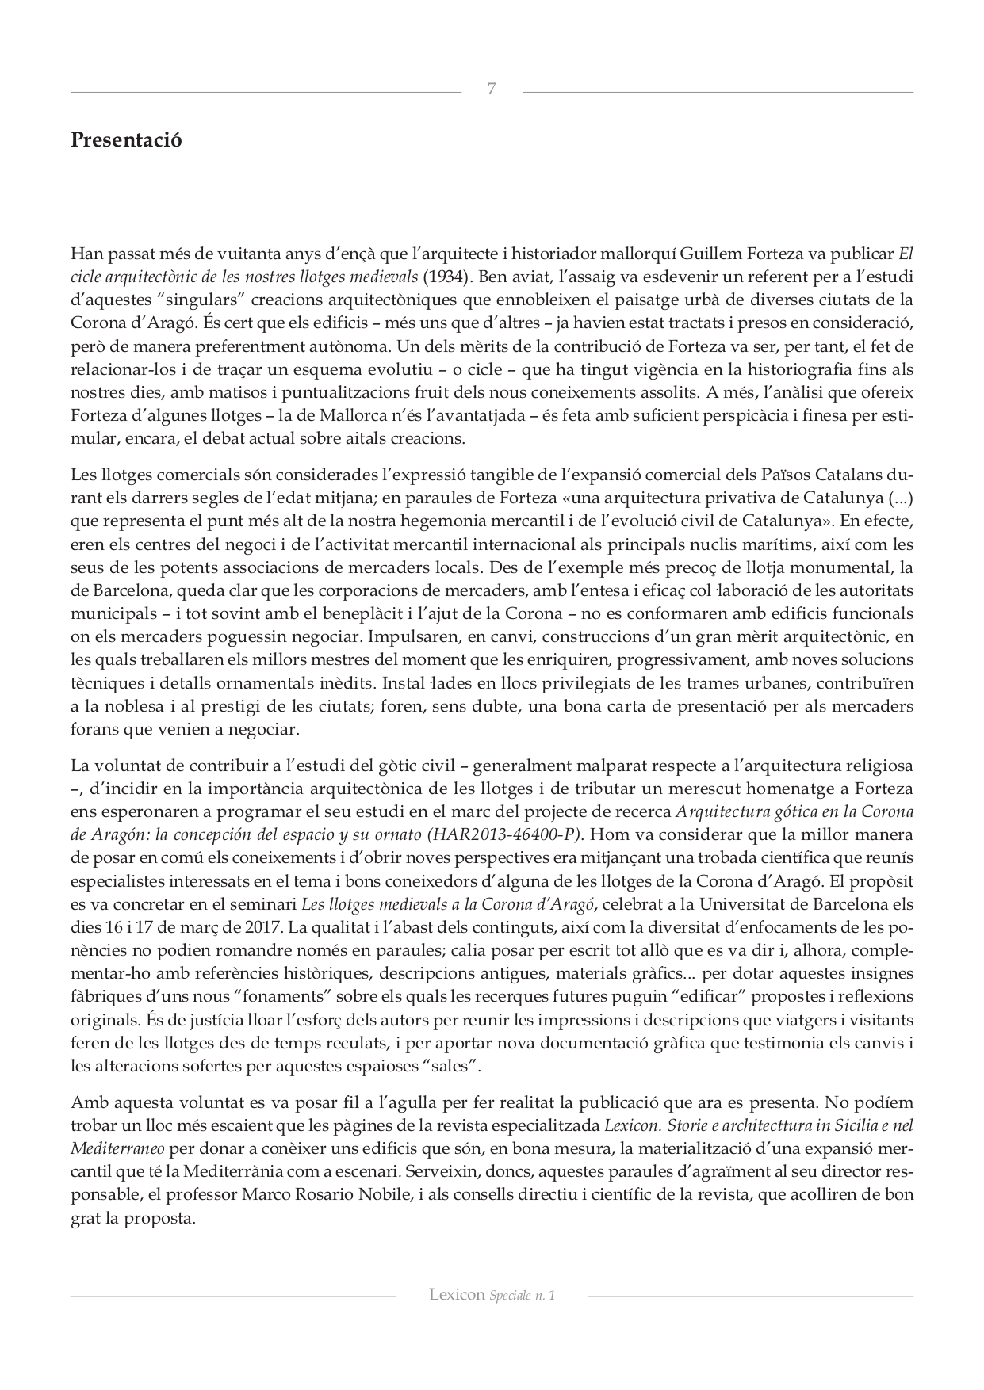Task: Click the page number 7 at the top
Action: (492, 90)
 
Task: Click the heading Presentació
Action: (126, 140)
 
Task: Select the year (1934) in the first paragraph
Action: (443, 277)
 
